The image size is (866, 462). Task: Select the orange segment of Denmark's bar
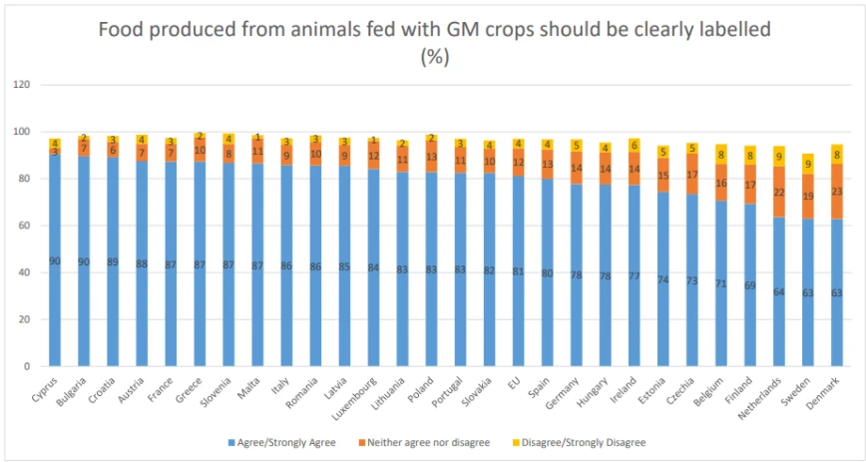point(837,192)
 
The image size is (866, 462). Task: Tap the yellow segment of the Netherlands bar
point(779,157)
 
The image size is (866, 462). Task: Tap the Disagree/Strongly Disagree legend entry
point(584,441)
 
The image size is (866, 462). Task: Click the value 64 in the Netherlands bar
point(779,291)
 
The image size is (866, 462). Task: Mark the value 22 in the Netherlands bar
point(779,192)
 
